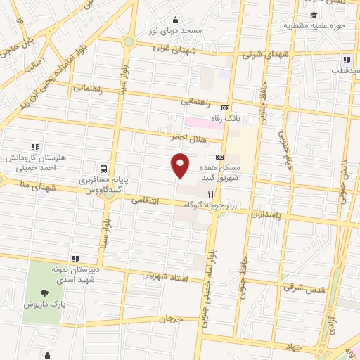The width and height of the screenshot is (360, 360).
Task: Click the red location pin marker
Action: (x=181, y=165)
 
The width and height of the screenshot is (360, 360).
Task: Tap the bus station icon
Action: (x=103, y=169)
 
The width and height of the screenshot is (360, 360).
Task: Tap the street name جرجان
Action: (x=170, y=319)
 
